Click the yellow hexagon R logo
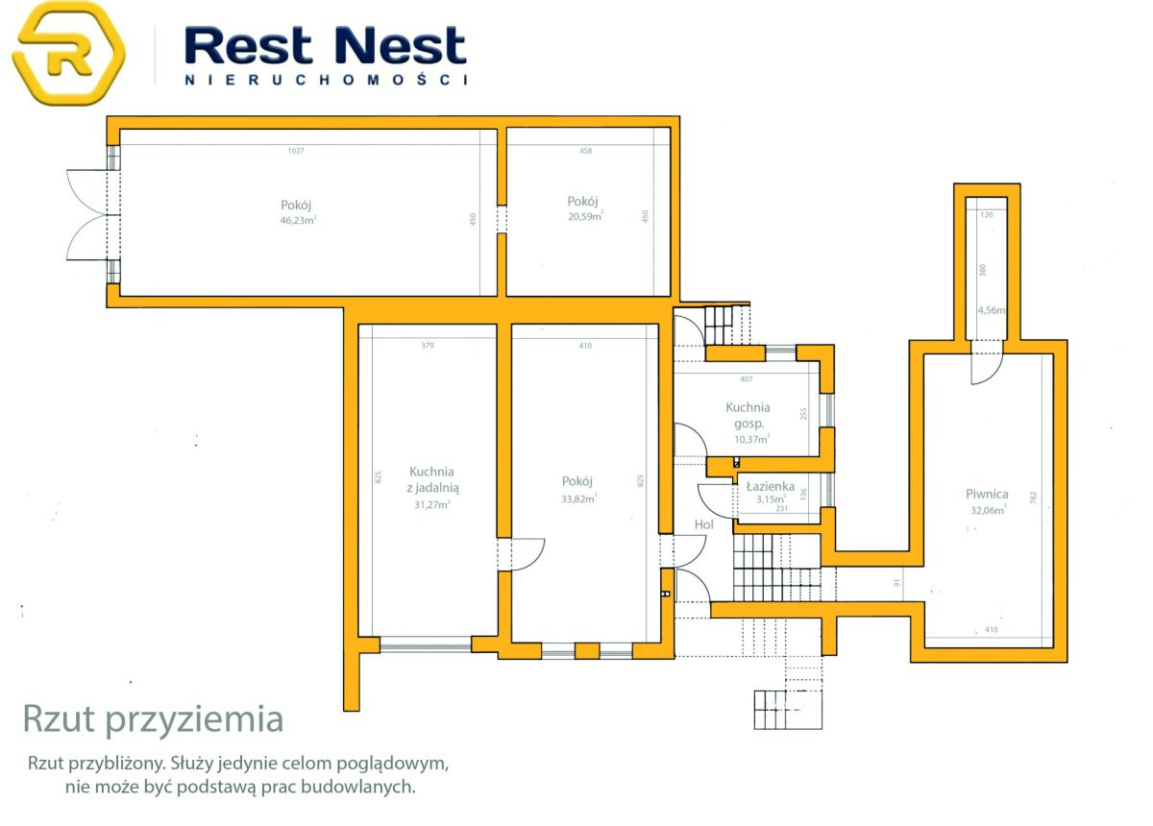pos(68,53)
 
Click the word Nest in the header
pos(400,45)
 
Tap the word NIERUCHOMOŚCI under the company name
pos(326,80)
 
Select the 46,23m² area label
pos(298,220)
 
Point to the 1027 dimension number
pos(296,151)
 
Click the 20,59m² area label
pos(585,216)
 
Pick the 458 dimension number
pos(586,151)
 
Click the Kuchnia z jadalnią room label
pos(432,479)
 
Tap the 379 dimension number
pos(428,346)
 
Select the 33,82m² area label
pos(579,498)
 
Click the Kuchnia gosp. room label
pos(748,415)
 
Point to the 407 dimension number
pos(747,379)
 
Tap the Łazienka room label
pos(771,486)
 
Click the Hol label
pos(703,524)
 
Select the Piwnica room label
pos(987,495)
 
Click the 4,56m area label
pos(992,310)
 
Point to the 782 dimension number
pos(1033,498)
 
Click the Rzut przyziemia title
pos(154,720)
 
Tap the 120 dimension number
pos(987,214)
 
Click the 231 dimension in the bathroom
pos(782,508)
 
